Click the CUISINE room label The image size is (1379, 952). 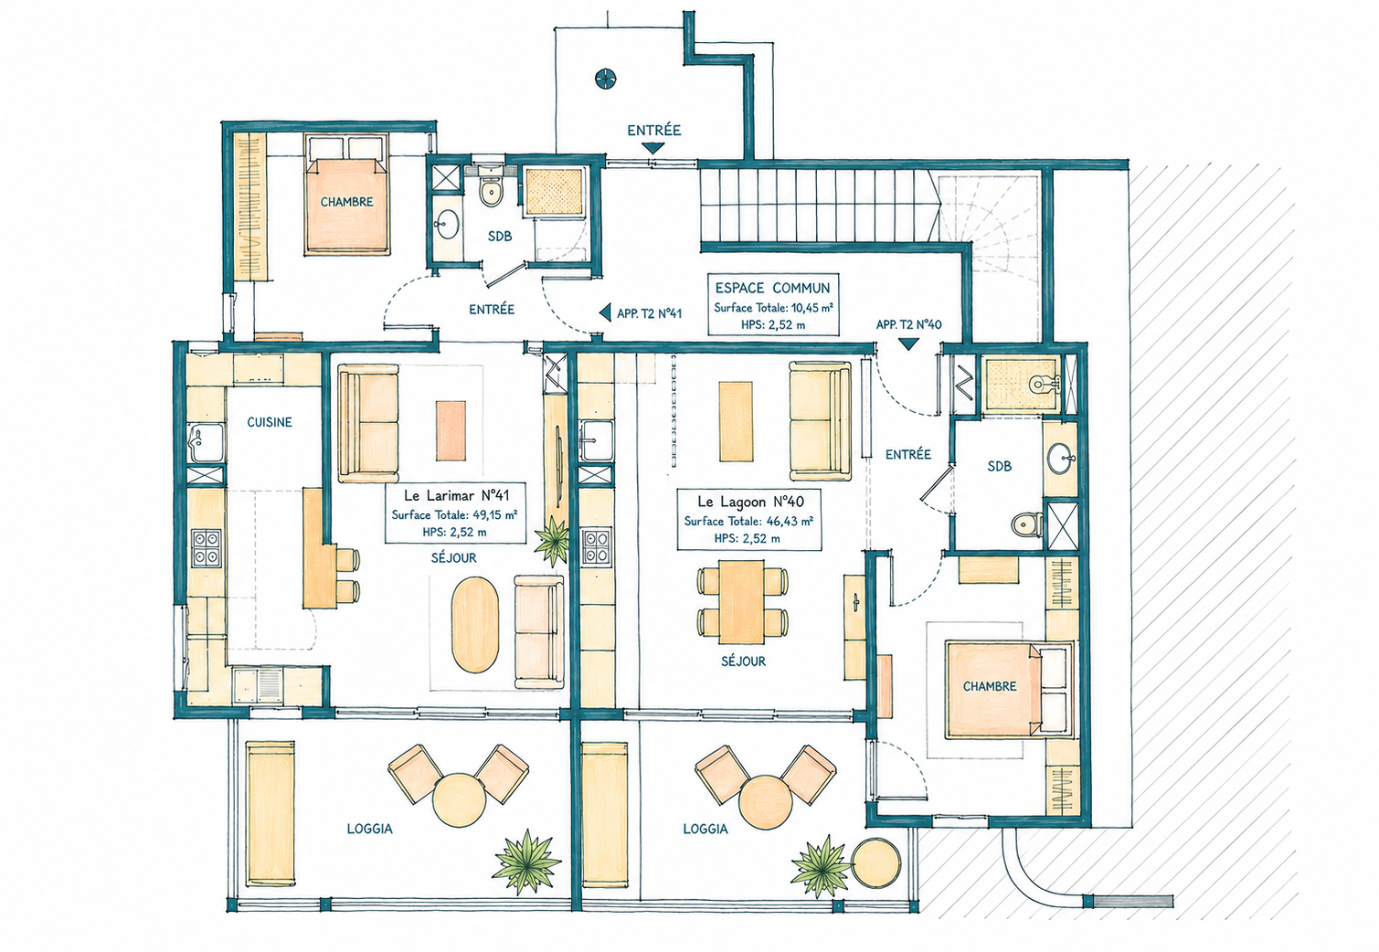pyautogui.click(x=269, y=422)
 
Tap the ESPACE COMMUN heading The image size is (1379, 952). pyautogui.click(x=772, y=288)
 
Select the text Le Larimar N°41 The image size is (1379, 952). pyautogui.click(x=456, y=495)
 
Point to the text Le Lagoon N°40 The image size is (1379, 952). pyautogui.click(x=750, y=502)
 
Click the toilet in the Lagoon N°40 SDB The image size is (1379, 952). pyautogui.click(x=1027, y=524)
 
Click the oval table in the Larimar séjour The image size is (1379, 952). pyautogui.click(x=474, y=625)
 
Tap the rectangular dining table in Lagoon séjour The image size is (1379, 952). pyautogui.click(x=742, y=601)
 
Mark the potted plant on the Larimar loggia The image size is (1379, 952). pyautogui.click(x=526, y=862)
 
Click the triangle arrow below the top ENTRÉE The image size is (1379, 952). pyautogui.click(x=652, y=148)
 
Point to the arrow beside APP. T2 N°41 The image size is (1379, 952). pyautogui.click(x=605, y=312)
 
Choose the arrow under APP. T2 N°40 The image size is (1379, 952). pyautogui.click(x=908, y=344)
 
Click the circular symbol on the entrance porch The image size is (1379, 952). pyautogui.click(x=606, y=79)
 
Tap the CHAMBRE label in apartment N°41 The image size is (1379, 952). pyautogui.click(x=346, y=202)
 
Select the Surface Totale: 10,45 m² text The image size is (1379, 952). pyautogui.click(x=773, y=307)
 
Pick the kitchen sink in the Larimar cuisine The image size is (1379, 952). pyautogui.click(x=206, y=442)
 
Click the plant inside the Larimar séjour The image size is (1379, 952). pyautogui.click(x=552, y=541)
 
